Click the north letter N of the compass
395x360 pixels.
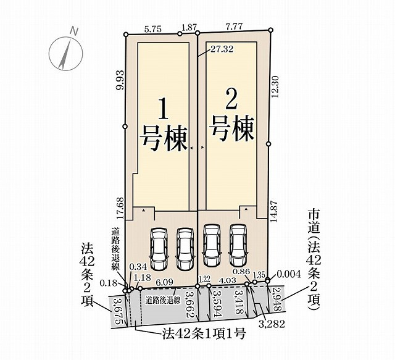74,31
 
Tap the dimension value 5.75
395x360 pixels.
153,30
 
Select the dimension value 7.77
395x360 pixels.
235,27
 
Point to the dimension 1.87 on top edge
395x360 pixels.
189,28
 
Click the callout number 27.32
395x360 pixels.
222,49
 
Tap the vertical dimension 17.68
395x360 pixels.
121,208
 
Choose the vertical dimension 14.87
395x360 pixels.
274,211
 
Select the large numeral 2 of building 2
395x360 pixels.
231,99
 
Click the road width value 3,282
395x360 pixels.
272,324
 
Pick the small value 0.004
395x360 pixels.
289,274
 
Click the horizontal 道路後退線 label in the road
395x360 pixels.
163,301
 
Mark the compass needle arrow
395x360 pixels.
64,54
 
